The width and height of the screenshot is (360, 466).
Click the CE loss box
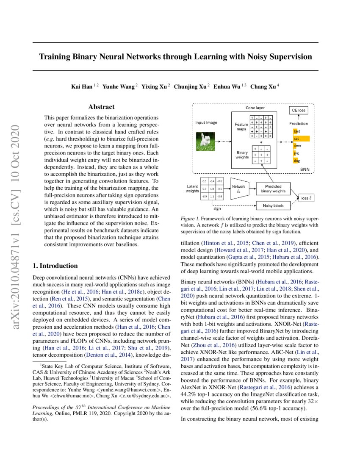point(299,110)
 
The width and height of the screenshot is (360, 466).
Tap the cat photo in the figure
point(206,140)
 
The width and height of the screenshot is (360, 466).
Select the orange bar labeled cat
point(302,139)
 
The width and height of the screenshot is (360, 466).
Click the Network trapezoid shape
point(240,189)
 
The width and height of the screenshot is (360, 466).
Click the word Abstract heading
point(102,108)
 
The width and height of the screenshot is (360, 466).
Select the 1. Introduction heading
point(55,266)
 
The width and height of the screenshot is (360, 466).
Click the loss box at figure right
point(305,197)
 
